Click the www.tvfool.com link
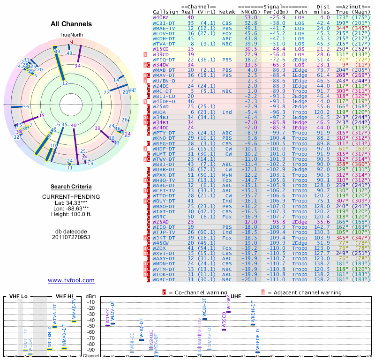pos(71,280)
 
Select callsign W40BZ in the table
pos(161,17)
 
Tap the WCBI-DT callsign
pos(164,22)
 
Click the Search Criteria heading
pos(71,187)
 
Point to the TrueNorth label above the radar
pos(71,35)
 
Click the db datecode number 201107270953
pos(71,237)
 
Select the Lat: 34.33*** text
pos(71,202)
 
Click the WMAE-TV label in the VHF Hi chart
pos(74,309)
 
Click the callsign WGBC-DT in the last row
pos(164,279)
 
